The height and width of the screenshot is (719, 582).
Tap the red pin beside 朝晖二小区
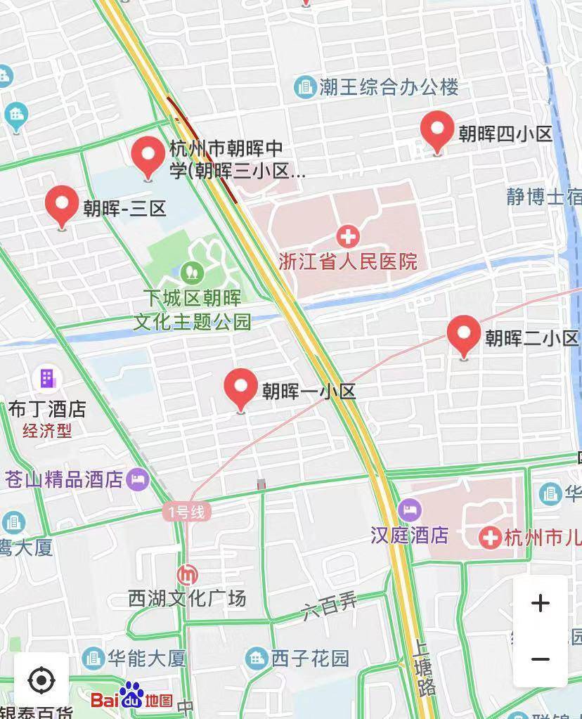pyautogui.click(x=463, y=335)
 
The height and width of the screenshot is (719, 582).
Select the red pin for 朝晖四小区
pyautogui.click(x=437, y=130)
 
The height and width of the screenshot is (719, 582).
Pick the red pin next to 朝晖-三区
pyautogui.click(x=62, y=205)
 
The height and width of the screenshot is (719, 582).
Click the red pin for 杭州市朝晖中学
pyautogui.click(x=148, y=156)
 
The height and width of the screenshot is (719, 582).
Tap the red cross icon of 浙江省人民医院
pyautogui.click(x=347, y=236)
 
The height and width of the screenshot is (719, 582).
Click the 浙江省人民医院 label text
pyautogui.click(x=347, y=261)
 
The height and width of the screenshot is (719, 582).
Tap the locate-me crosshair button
pyautogui.click(x=41, y=680)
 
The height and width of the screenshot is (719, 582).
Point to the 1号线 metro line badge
pyautogui.click(x=186, y=512)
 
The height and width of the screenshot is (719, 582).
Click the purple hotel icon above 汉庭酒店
pyautogui.click(x=409, y=509)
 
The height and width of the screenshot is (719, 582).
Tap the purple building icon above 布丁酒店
pyautogui.click(x=47, y=378)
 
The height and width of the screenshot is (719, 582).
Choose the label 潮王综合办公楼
pyautogui.click(x=388, y=87)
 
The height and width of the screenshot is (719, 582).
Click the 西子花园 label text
pyautogui.click(x=310, y=659)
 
